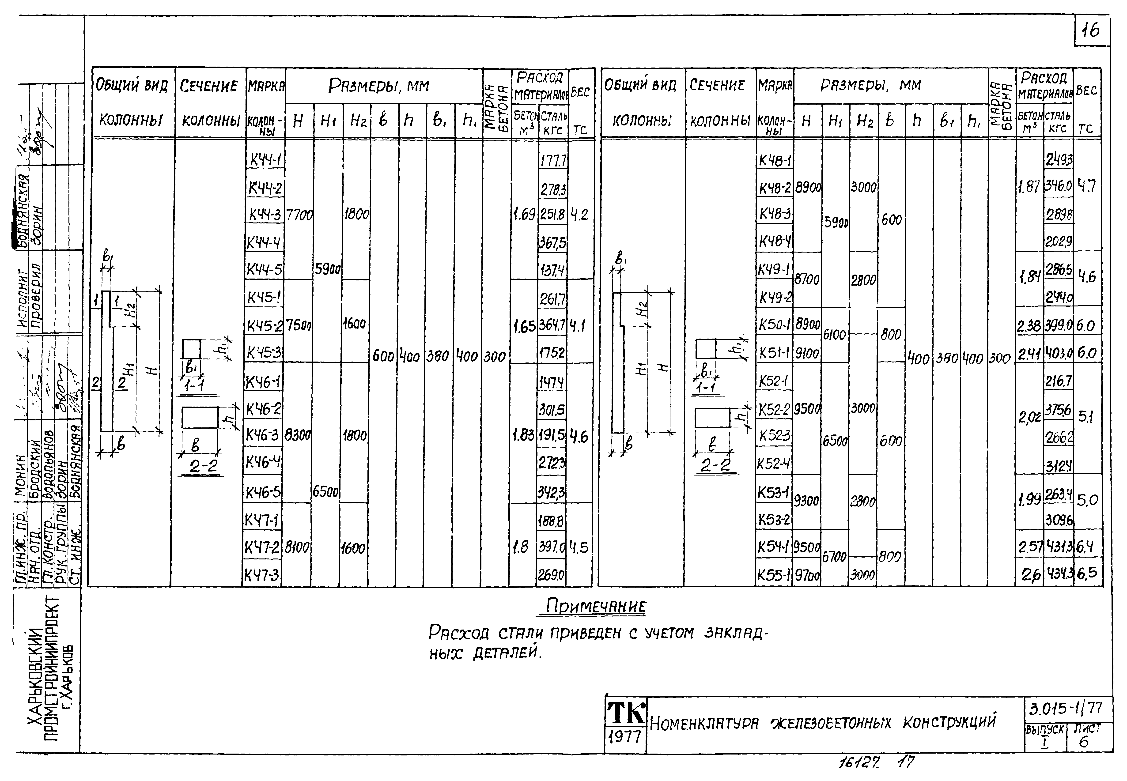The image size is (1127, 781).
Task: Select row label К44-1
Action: [x=265, y=159]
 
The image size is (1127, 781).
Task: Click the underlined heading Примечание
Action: [x=595, y=607]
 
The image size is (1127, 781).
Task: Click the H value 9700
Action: [x=806, y=576]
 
